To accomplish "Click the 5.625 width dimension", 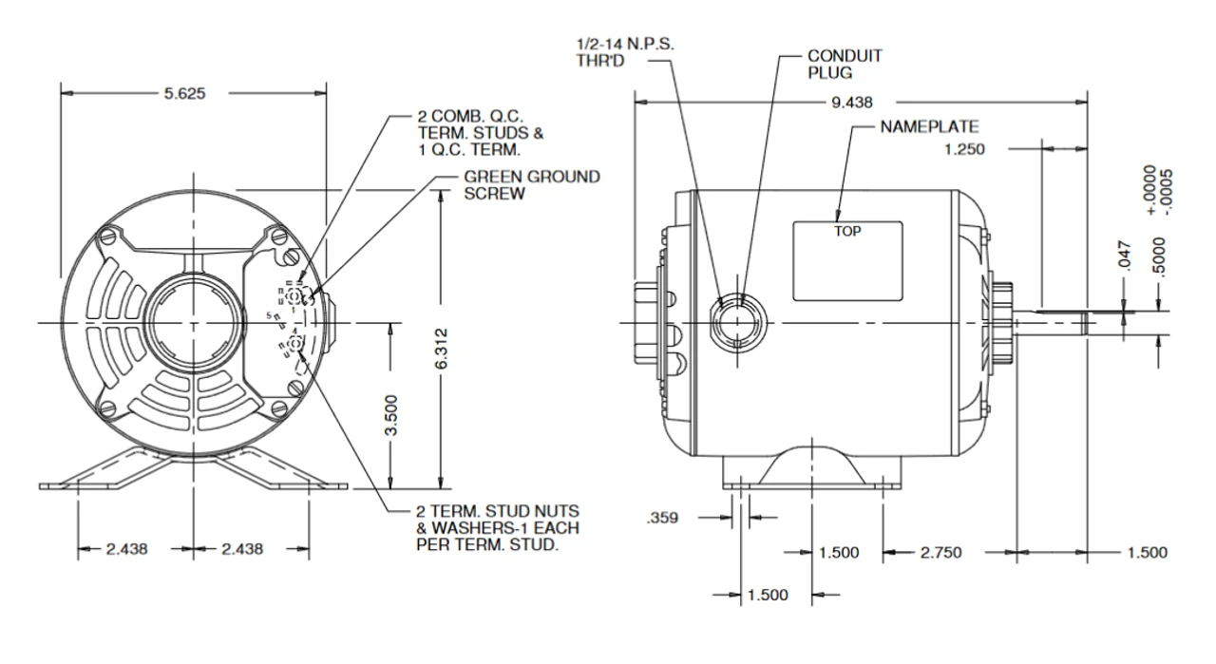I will click(184, 93).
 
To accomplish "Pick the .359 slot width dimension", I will click(662, 519).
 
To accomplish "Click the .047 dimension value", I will click(1125, 256).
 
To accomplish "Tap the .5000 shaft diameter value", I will click(1158, 254).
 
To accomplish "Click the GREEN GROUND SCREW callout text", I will click(531, 184).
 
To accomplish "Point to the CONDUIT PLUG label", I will click(845, 65).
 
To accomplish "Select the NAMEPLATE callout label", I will click(929, 126).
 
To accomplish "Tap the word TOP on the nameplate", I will click(847, 231).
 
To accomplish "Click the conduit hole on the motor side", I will click(735, 323).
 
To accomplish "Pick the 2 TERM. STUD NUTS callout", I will click(497, 527).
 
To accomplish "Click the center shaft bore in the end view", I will click(194, 323).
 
